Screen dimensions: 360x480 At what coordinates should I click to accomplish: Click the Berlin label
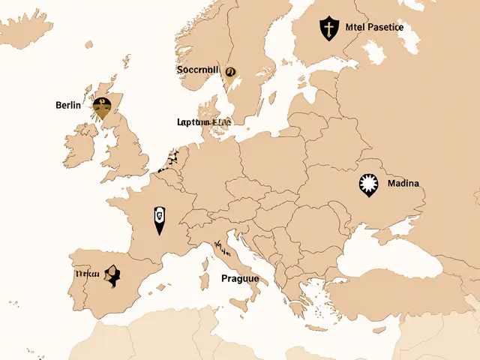point(68,105)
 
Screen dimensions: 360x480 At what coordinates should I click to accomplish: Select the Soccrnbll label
point(198,70)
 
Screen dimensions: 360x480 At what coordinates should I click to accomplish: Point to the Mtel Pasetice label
point(375,27)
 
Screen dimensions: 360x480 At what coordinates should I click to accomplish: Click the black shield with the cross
point(328,28)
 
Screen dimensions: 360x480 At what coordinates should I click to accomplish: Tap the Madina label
point(403,183)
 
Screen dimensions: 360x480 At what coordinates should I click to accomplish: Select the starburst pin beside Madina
point(368,184)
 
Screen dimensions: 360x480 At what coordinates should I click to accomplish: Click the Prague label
point(240,278)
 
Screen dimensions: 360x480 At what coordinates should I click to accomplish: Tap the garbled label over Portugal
point(87,274)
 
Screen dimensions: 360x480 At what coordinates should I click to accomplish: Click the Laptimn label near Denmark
point(204,121)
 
